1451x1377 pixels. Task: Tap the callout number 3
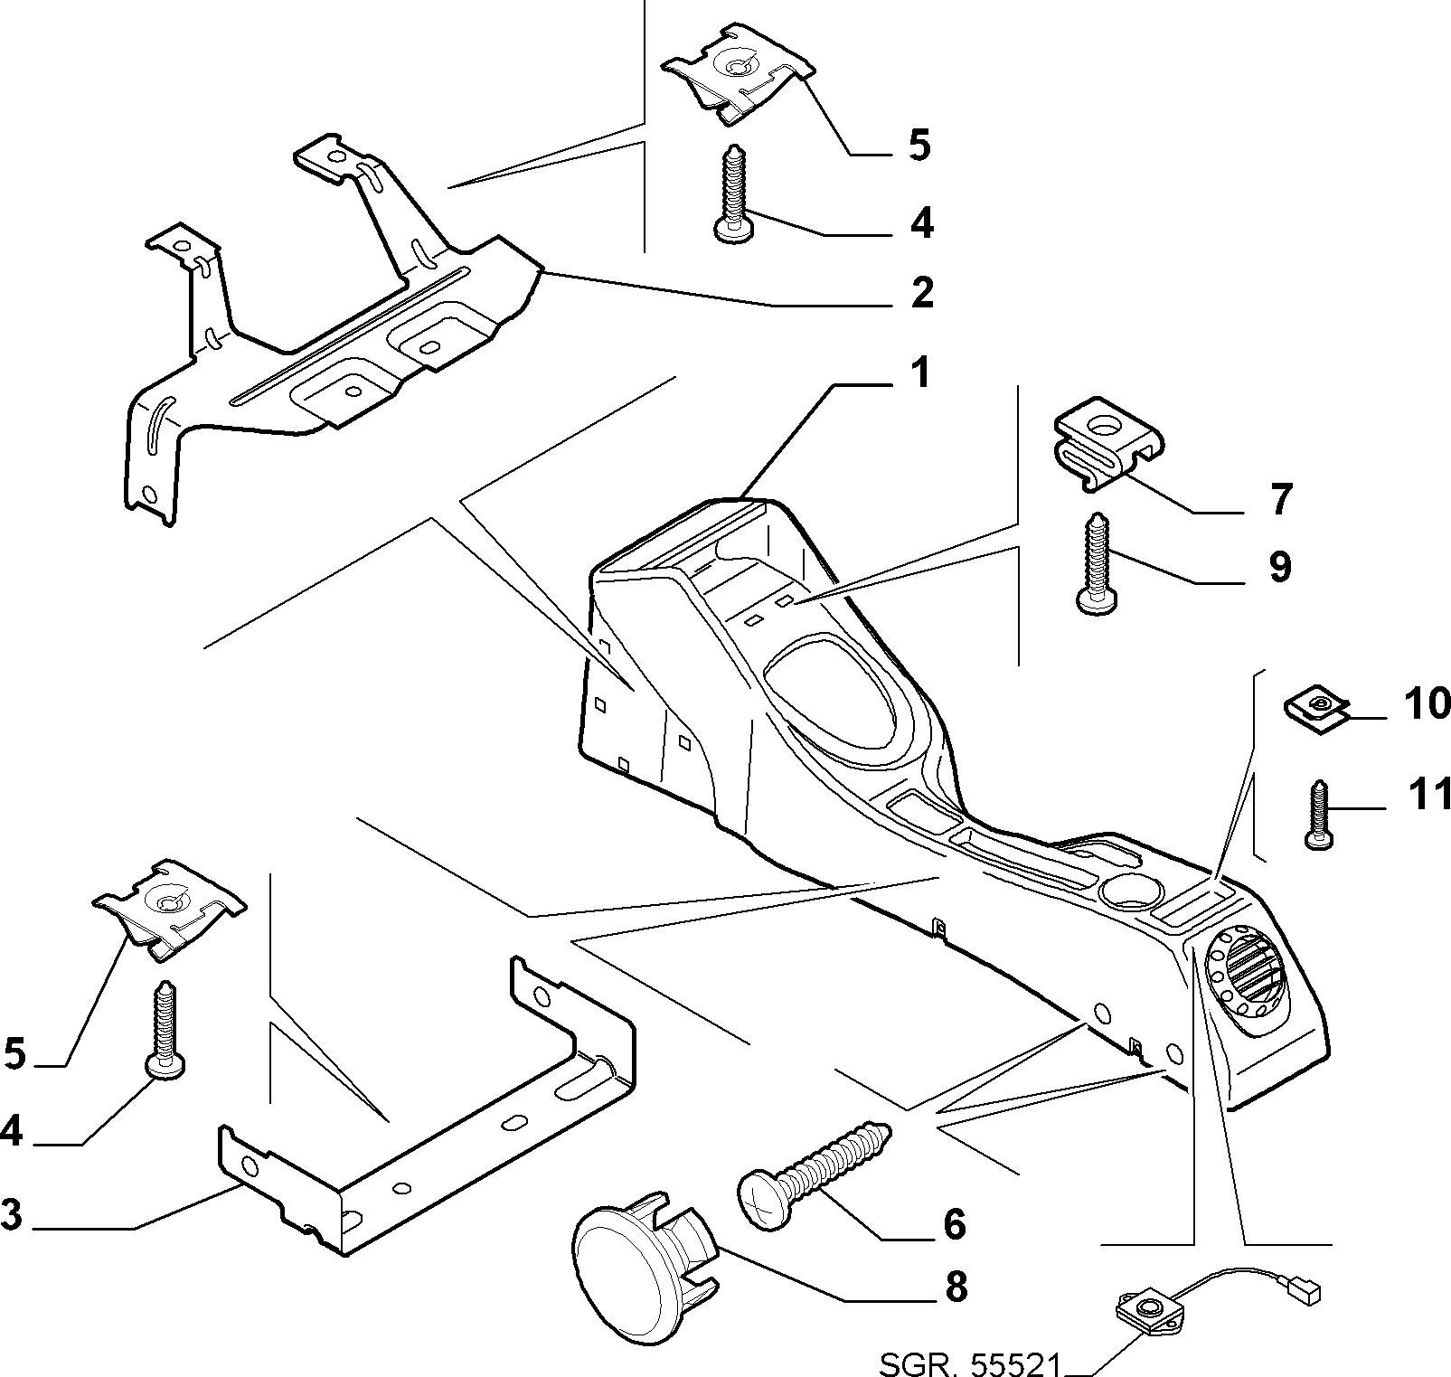(x=11, y=1213)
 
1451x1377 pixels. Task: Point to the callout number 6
(x=955, y=1224)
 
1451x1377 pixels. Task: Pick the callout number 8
(x=955, y=1287)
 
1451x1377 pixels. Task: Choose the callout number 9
(x=1279, y=566)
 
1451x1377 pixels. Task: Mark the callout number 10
(x=1427, y=703)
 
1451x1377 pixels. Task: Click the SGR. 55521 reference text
(x=968, y=1363)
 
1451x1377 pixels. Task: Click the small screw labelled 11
(x=1319, y=814)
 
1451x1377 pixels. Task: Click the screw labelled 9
(x=1097, y=564)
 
